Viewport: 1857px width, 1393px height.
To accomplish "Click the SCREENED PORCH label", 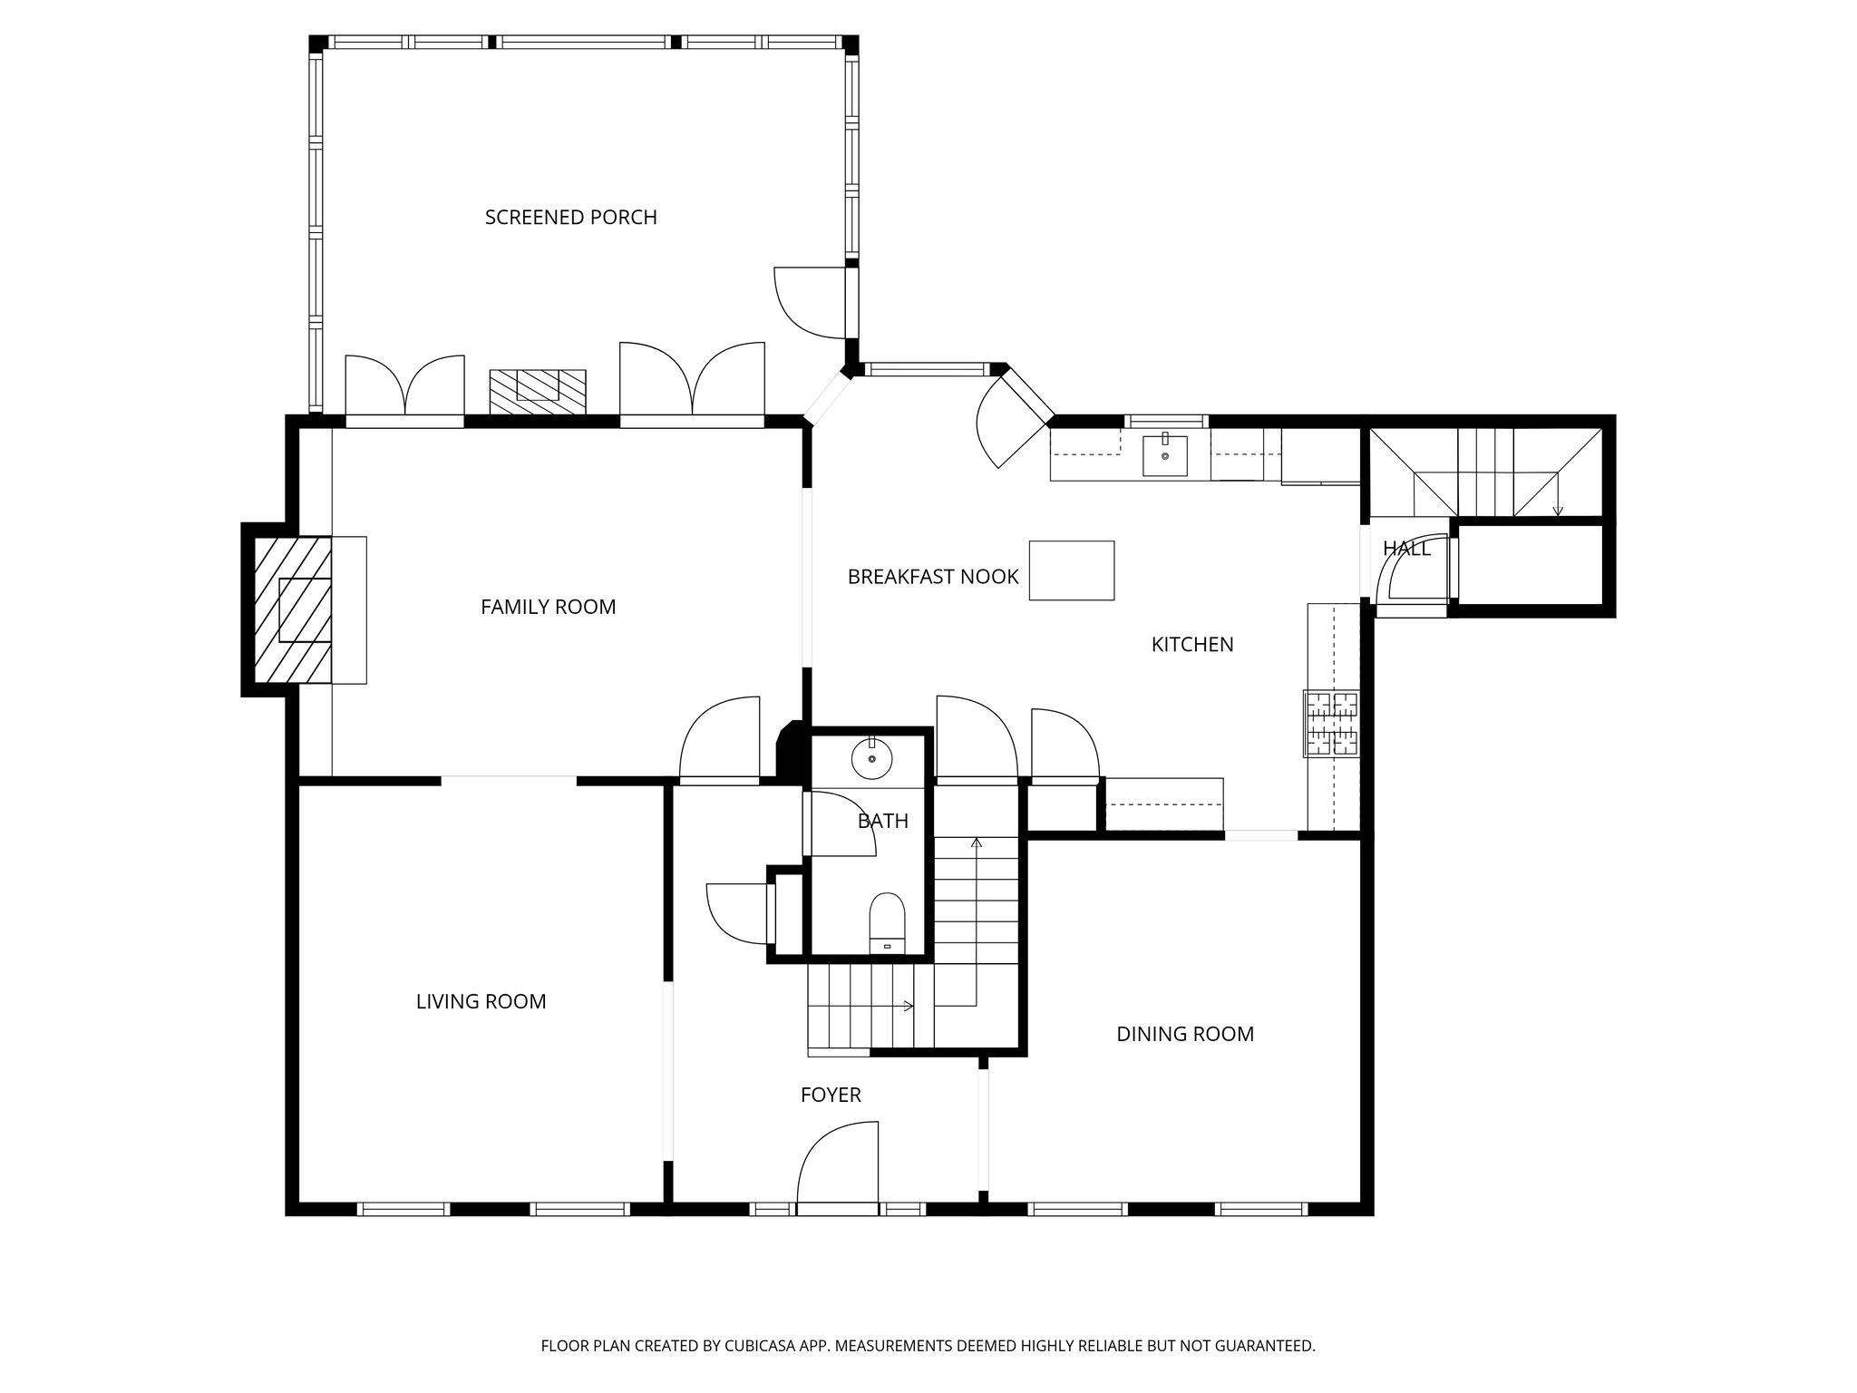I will click(x=570, y=218).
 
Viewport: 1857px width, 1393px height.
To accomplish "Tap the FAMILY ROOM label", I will click(x=548, y=607).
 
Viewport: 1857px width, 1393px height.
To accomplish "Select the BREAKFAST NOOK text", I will click(x=932, y=577).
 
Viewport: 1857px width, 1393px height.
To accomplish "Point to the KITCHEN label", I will click(x=1191, y=645).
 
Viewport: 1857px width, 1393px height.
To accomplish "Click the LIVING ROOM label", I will click(x=481, y=1001).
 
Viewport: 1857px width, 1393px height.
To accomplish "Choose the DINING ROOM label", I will click(x=1184, y=1034).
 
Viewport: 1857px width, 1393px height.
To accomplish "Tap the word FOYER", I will click(x=830, y=1095).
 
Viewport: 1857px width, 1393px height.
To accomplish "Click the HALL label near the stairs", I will click(x=1405, y=549).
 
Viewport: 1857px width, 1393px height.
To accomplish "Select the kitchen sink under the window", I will click(x=1164, y=454).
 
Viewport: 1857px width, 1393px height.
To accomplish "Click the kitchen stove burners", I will click(x=1331, y=723).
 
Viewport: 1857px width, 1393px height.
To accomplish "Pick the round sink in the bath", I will click(x=871, y=758).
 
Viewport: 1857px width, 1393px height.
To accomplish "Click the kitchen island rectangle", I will click(x=1071, y=570).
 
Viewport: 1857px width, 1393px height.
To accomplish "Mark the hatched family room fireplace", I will click(x=292, y=609).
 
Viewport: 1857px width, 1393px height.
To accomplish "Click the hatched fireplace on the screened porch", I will click(x=538, y=391).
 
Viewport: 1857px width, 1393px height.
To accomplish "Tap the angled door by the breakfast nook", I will click(x=1008, y=419).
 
